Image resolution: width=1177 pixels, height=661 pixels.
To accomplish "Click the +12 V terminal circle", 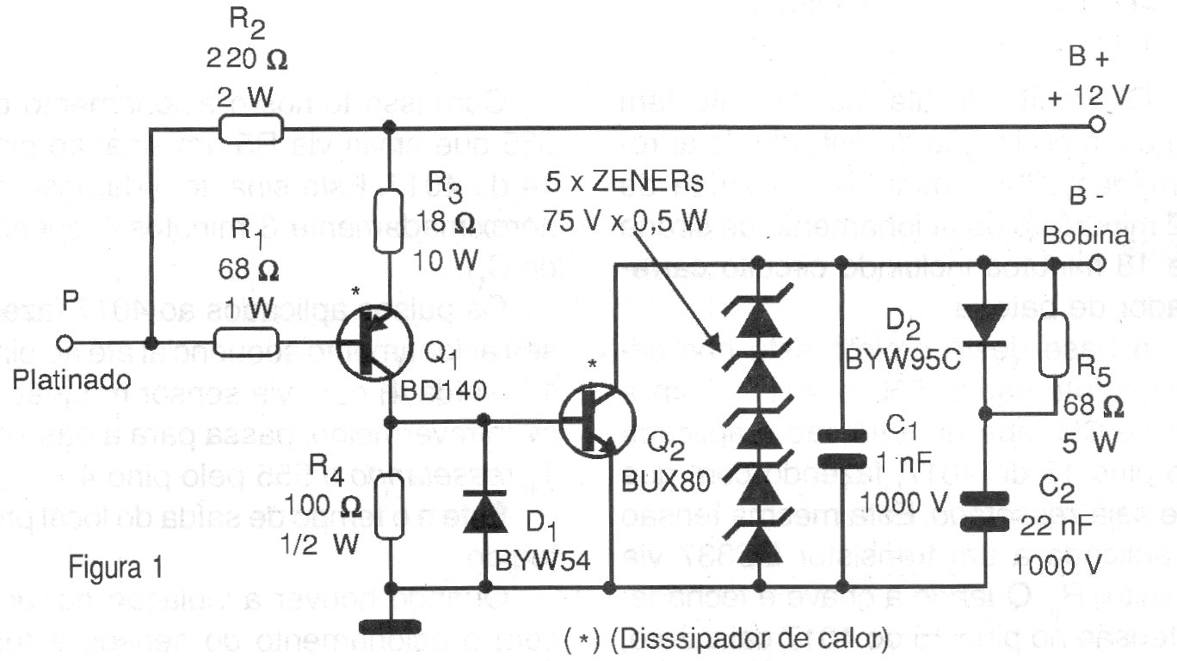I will coord(1095,125).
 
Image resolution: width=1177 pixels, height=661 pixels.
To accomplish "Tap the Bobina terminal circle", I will coord(1095,263).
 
